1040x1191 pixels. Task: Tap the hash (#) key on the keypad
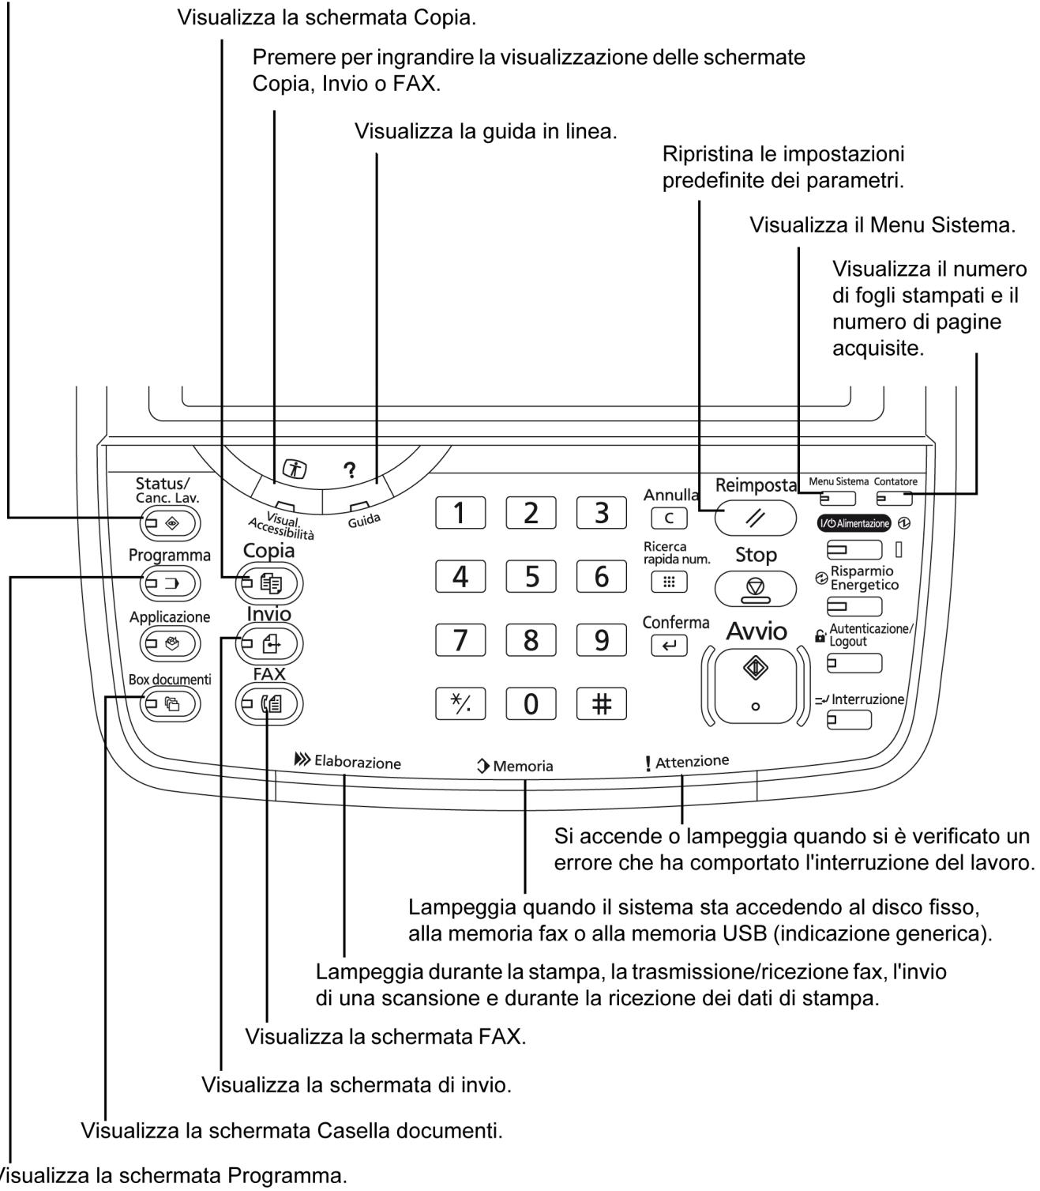[x=602, y=704]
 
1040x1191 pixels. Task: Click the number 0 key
[x=531, y=704]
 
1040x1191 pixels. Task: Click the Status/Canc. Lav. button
[x=170, y=523]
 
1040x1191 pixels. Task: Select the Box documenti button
[x=170, y=703]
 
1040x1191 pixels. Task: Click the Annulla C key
[x=670, y=519]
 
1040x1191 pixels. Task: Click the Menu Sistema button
[x=838, y=499]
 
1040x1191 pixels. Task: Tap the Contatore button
[x=895, y=499]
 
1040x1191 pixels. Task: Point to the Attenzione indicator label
[x=687, y=762]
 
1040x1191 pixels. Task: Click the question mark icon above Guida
[x=349, y=469]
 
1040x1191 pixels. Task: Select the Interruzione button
[x=849, y=720]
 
